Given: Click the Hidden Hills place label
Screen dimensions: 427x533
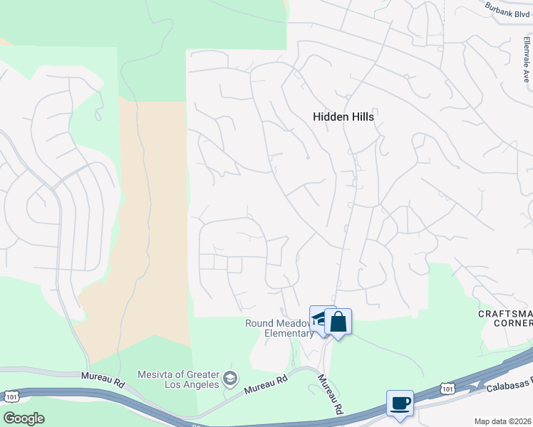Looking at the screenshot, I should (343, 117).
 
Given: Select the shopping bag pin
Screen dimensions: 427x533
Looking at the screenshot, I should (338, 322).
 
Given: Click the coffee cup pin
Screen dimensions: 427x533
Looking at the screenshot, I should (400, 404).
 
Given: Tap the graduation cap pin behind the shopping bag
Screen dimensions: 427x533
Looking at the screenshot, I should (317, 317).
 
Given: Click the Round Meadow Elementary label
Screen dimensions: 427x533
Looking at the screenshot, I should (279, 328).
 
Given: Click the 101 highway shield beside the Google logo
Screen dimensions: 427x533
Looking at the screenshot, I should (11, 395).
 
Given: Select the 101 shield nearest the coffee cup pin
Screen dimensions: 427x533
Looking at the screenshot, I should (447, 387).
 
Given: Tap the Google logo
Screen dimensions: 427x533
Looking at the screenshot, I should (24, 418).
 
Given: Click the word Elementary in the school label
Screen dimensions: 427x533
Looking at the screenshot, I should (289, 334).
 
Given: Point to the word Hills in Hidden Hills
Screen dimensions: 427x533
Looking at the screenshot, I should (361, 117).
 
